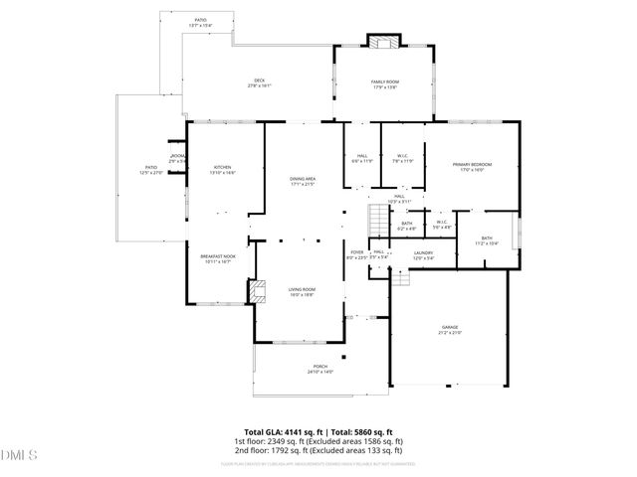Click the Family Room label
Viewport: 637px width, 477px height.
(x=384, y=82)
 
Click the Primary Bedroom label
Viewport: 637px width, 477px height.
(x=472, y=166)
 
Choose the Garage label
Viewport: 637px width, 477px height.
(x=450, y=328)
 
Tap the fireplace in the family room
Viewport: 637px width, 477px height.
(x=382, y=42)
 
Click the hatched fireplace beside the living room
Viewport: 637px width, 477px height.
(x=258, y=290)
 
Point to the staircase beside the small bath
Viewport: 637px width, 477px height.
(x=376, y=220)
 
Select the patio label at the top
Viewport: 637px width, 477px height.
(x=200, y=21)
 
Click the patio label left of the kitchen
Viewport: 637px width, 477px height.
(x=150, y=170)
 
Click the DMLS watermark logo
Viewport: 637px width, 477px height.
(x=18, y=456)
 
